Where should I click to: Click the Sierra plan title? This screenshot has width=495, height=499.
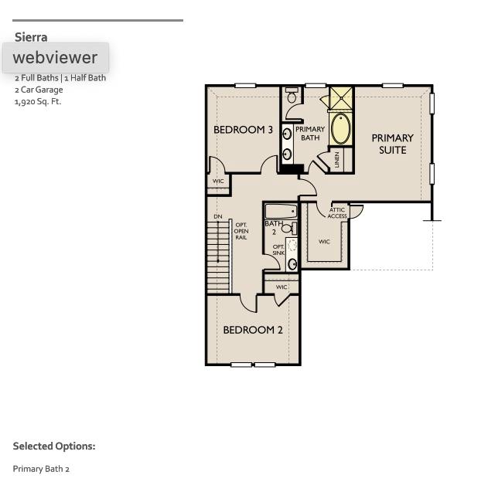tap(31, 37)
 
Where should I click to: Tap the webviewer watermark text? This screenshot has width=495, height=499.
tap(55, 58)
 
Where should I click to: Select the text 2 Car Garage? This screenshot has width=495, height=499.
tap(39, 90)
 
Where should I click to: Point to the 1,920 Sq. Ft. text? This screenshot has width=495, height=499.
tap(37, 101)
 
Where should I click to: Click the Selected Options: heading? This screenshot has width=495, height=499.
tap(54, 446)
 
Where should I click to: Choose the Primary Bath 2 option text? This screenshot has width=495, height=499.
tap(41, 469)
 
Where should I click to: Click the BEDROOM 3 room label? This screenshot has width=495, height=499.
tap(243, 130)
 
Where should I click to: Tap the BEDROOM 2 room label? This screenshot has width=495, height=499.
tap(253, 330)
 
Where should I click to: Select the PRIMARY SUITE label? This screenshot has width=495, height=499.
tap(392, 144)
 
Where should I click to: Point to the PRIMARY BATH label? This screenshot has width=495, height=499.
tap(310, 134)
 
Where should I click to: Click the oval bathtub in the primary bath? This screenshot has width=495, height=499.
tap(340, 128)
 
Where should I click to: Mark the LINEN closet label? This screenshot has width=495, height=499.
tap(337, 160)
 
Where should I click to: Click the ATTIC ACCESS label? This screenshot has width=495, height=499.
tap(337, 212)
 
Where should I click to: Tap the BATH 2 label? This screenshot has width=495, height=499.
tap(273, 228)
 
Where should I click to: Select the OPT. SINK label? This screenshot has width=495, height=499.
tap(278, 249)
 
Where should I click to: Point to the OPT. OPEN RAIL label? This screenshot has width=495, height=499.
tap(241, 231)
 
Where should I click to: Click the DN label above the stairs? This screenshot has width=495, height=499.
tap(218, 217)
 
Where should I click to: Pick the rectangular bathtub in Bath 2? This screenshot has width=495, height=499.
tap(281, 211)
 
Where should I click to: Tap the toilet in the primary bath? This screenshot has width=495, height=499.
tap(292, 97)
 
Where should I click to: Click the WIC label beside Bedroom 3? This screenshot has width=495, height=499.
tap(218, 182)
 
